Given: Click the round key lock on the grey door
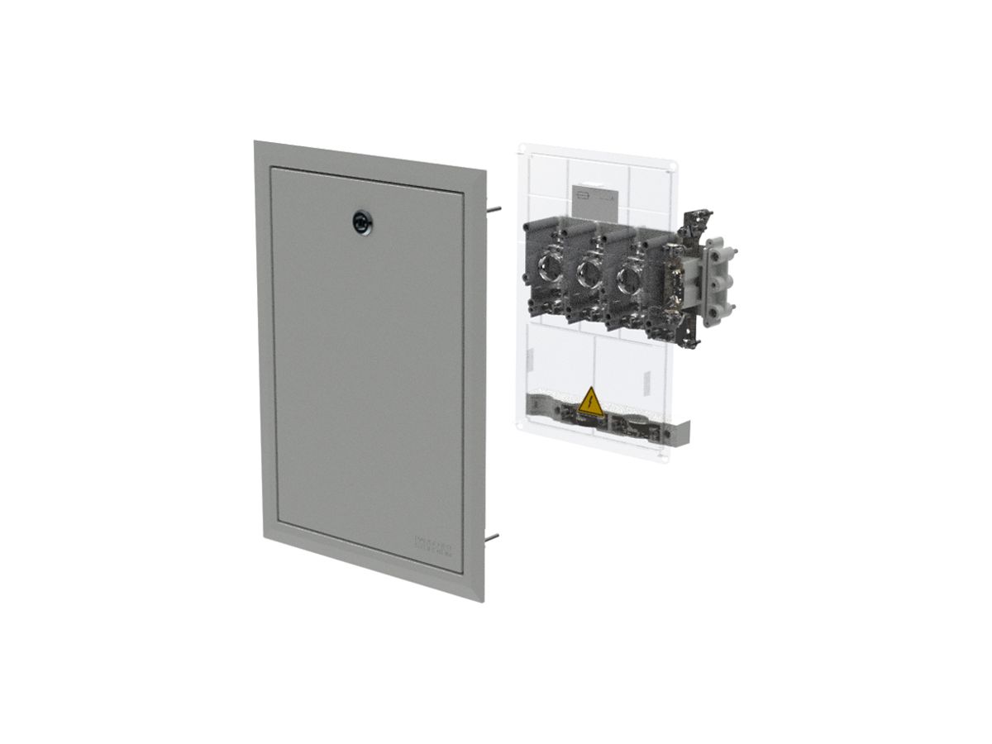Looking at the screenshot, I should coord(362,220).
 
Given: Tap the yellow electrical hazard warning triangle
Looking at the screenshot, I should coord(590,401).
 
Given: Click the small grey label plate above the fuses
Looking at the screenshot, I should coord(593,199).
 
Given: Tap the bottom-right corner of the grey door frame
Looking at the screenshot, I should coord(483,601).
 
